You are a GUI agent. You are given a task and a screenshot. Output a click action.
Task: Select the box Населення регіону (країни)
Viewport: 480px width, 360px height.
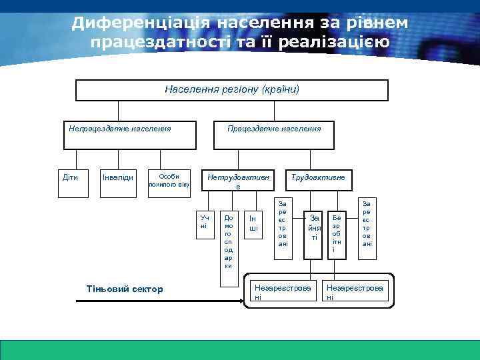tap(231, 90)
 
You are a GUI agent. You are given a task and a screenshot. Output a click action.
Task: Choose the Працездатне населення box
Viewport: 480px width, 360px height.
tap(273, 134)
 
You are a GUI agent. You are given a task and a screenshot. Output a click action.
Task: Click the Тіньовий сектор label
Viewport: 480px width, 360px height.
tap(125, 289)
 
